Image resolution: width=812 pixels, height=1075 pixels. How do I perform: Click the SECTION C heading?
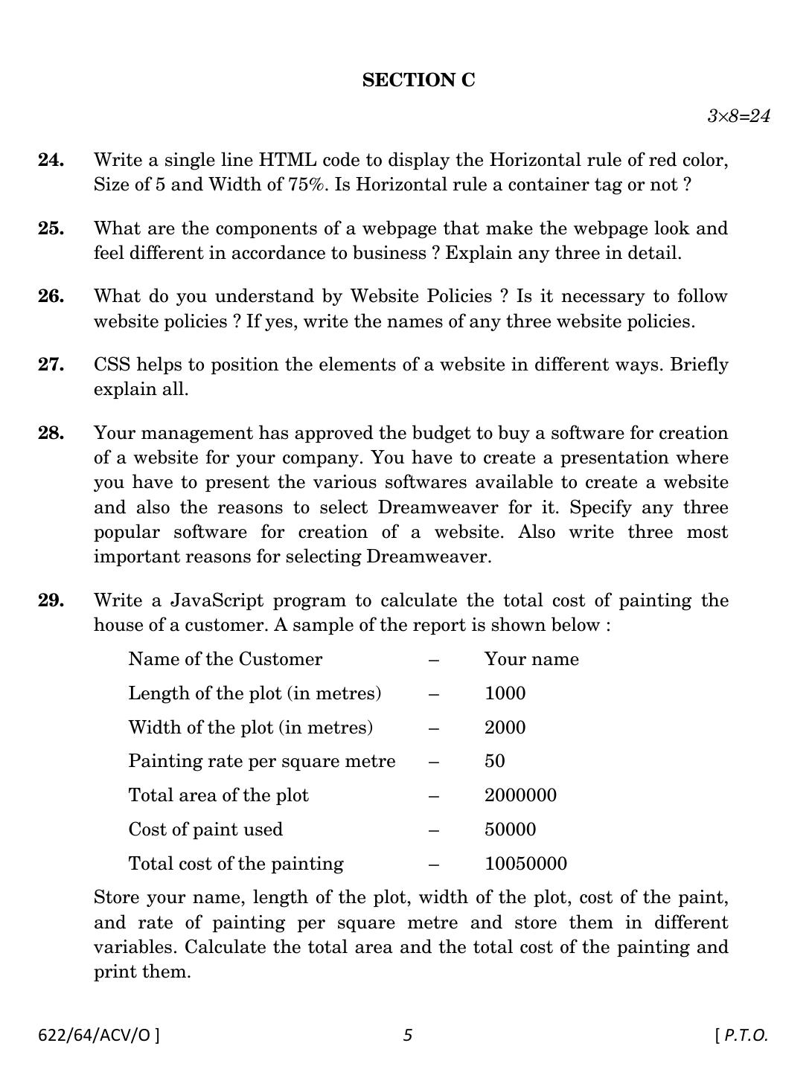point(418,80)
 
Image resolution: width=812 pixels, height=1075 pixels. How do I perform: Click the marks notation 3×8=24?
point(738,116)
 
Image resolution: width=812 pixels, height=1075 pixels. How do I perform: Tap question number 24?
point(51,160)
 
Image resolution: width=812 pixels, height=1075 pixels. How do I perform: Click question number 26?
point(51,296)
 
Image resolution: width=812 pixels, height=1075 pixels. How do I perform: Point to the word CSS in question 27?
point(112,365)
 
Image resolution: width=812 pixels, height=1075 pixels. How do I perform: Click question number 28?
point(51,433)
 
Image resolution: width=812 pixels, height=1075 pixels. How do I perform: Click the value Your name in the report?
point(531,659)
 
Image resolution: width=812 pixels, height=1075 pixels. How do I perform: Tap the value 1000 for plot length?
point(505,693)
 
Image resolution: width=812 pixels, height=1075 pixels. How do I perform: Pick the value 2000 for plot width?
point(505,728)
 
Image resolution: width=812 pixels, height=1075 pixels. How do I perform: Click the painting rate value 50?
point(494,761)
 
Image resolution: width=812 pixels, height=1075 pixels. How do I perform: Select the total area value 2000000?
point(520,795)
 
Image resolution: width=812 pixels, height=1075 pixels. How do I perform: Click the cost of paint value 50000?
point(510,829)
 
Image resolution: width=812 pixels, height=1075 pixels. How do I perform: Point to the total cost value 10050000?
point(525,864)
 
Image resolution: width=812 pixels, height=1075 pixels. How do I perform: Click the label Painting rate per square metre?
point(261,761)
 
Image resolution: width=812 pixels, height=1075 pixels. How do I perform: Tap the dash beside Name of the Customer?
point(434,659)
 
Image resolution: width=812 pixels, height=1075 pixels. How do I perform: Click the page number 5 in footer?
point(407,1035)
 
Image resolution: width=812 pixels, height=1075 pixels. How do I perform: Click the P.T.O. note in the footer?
point(741,1035)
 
